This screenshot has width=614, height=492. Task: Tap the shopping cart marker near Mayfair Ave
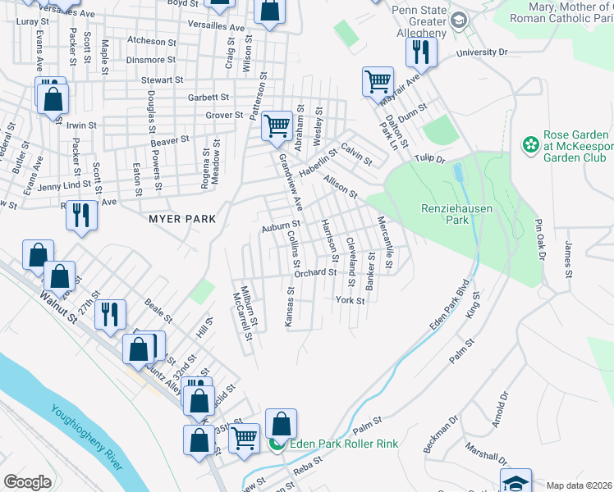(378, 81)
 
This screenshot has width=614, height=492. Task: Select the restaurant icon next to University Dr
(421, 52)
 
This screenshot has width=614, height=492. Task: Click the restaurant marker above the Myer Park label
(80, 214)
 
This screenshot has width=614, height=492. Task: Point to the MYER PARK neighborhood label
(182, 219)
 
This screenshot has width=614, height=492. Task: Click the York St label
(350, 300)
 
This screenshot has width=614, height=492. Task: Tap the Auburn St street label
(282, 225)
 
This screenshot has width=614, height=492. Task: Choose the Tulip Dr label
(428, 159)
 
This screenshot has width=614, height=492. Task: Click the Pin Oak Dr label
(540, 239)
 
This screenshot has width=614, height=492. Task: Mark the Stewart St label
(162, 80)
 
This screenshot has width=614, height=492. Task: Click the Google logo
(27, 482)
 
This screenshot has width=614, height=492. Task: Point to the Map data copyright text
(580, 485)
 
